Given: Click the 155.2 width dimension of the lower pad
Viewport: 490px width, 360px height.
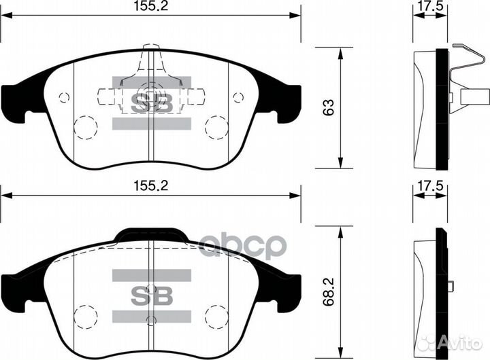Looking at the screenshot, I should pyautogui.click(x=151, y=185).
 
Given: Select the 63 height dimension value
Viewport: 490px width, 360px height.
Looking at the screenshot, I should pyautogui.click(x=329, y=107).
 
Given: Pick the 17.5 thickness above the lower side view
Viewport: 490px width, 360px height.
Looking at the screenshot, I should pyautogui.click(x=430, y=185).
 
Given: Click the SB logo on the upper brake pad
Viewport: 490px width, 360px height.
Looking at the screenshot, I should pyautogui.click(x=151, y=102).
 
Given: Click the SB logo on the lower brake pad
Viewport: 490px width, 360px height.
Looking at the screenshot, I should pyautogui.click(x=151, y=294).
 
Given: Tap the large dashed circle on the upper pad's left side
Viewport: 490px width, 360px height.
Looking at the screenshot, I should pyautogui.click(x=85, y=126).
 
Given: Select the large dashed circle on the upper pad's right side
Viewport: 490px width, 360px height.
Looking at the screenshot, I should pyautogui.click(x=217, y=126).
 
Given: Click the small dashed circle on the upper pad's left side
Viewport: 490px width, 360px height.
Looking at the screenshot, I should pyautogui.click(x=65, y=96).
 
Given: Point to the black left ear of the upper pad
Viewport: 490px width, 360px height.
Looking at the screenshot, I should pyautogui.click(x=17, y=95).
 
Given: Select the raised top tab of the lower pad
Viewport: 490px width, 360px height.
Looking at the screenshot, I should pyautogui.click(x=151, y=235).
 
